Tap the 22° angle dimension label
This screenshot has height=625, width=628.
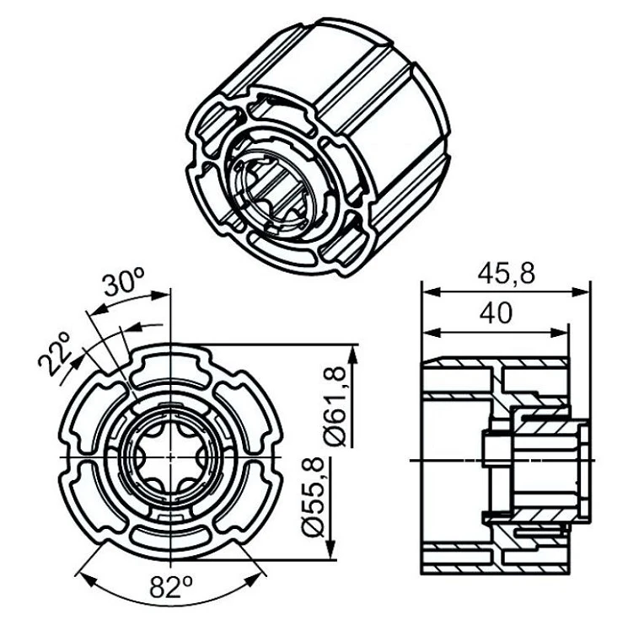click(55, 355)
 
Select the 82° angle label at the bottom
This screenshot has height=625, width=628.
click(171, 587)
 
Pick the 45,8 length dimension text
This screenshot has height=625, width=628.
click(507, 274)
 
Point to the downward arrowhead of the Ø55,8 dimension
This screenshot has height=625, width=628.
click(330, 550)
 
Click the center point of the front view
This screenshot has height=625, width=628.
click(171, 457)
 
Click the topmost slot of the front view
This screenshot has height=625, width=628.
click(171, 367)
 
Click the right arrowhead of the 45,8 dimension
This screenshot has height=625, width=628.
click(582, 291)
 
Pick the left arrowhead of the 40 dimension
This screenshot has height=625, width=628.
click(432, 332)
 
